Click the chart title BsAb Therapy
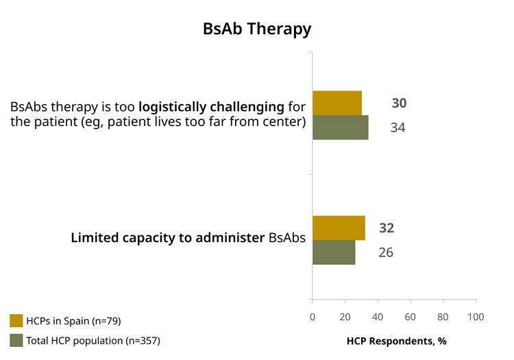point(257,29)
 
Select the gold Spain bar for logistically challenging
point(337,103)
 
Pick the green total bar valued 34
point(341,128)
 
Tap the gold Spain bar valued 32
point(339,228)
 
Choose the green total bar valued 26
point(334,252)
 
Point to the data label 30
point(400,104)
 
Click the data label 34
point(398,128)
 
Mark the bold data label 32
point(387,228)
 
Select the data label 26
point(386,252)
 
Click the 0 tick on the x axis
point(313,317)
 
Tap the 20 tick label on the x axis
point(345,317)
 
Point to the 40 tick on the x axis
point(378,317)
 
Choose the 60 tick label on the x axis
point(410,317)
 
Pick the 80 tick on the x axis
point(443,317)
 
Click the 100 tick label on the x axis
point(476,317)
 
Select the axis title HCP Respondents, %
point(397,341)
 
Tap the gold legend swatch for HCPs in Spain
point(16,321)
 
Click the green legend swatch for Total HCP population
point(16,340)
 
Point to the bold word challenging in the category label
point(247,107)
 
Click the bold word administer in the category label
point(230,238)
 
